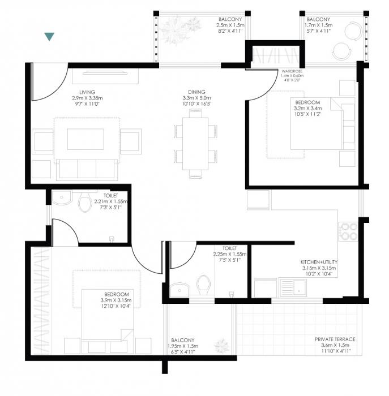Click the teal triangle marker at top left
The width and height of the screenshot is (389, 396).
(x=49, y=37)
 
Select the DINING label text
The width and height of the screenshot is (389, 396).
(x=196, y=92)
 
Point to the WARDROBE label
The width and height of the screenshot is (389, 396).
(x=293, y=71)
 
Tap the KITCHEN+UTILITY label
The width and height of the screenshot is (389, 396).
(x=320, y=262)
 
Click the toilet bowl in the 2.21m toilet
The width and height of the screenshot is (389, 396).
(x=86, y=202)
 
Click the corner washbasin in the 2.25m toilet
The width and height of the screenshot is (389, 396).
(x=178, y=289)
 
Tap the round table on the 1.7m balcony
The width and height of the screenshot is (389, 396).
(x=343, y=50)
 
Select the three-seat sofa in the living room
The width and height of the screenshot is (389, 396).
(x=86, y=168)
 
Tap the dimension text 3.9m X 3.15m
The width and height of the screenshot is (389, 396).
(x=116, y=300)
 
